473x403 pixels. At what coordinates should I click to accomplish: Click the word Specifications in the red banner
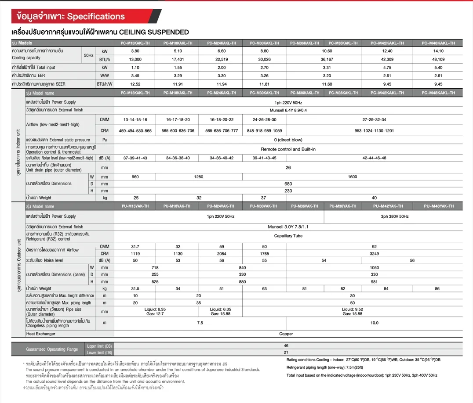click(96, 17)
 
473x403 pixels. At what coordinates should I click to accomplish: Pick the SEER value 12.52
click(135, 84)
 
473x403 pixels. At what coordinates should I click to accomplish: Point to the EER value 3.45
click(135, 76)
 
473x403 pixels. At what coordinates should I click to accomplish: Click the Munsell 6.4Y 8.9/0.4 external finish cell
click(288, 110)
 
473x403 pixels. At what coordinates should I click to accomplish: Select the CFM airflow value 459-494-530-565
click(135, 131)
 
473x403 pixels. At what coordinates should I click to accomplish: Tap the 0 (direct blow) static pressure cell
click(288, 140)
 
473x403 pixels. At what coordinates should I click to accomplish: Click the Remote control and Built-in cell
click(288, 149)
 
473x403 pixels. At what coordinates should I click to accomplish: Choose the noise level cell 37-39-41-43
click(135, 158)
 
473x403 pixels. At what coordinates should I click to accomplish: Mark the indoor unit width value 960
click(135, 177)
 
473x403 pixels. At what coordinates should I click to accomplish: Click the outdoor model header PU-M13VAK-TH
click(135, 206)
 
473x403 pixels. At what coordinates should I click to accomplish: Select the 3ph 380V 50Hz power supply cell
click(395, 216)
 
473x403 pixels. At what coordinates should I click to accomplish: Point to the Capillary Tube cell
click(288, 236)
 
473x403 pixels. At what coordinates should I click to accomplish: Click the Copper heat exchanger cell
click(286, 334)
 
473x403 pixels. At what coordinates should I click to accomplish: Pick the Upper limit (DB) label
click(99, 346)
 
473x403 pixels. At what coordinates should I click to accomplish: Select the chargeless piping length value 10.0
click(374, 323)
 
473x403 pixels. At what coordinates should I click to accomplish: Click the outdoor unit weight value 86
click(437, 288)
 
